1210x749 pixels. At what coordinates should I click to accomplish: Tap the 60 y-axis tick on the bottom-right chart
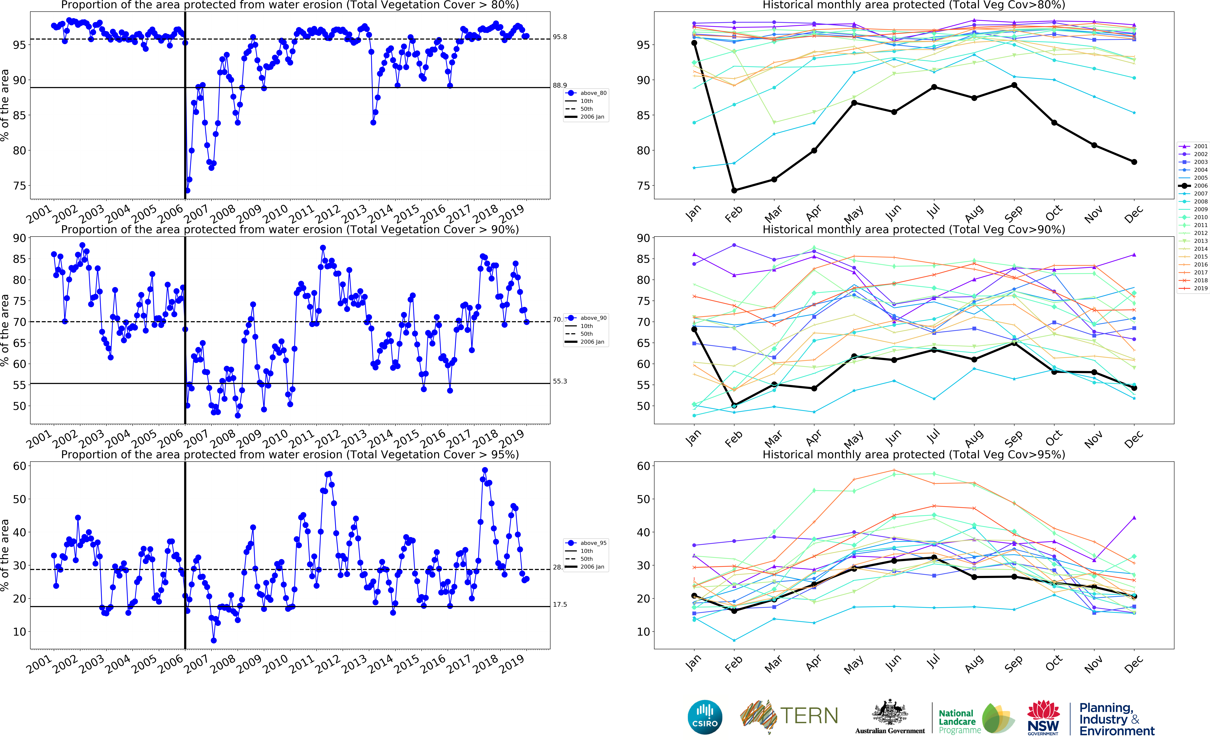tap(643, 466)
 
